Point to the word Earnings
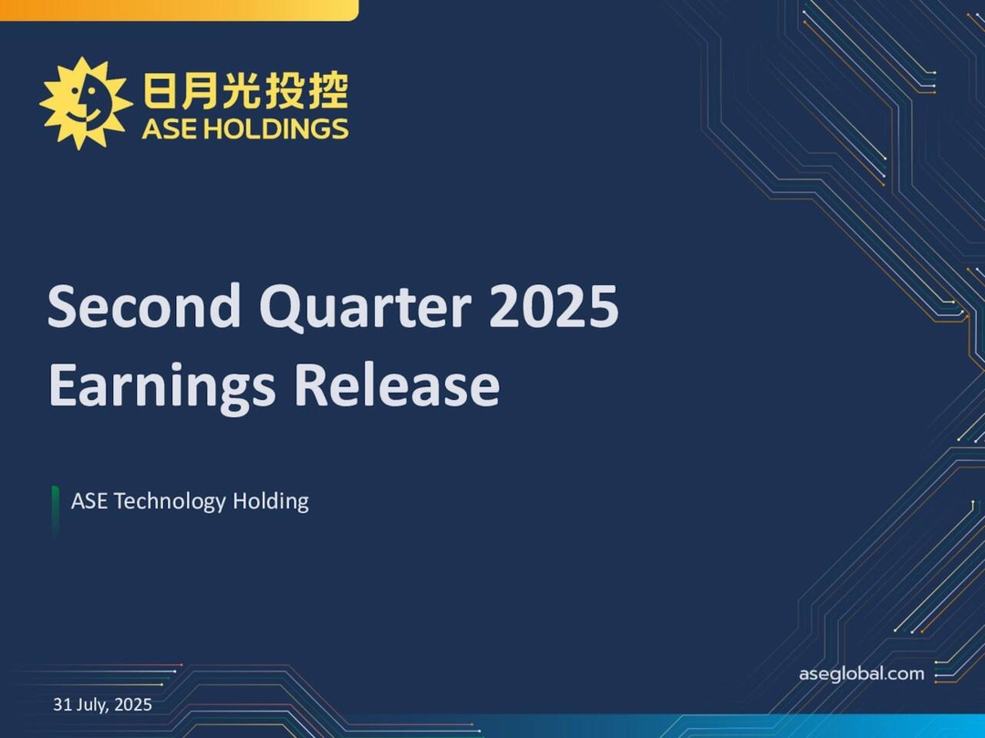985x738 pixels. click(x=161, y=385)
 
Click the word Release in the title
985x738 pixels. click(x=396, y=385)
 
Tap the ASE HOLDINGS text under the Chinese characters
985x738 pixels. click(x=244, y=129)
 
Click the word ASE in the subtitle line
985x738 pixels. click(x=89, y=501)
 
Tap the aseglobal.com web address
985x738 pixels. click(x=861, y=674)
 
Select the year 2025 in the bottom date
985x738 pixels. click(x=133, y=704)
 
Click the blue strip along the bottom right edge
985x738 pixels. click(x=775, y=726)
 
